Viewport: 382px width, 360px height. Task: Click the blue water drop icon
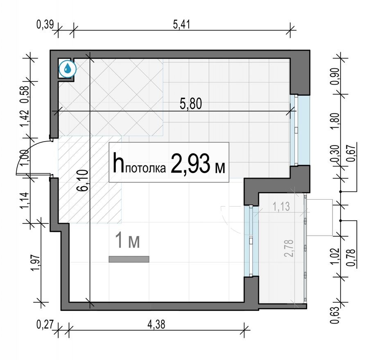click(x=68, y=69)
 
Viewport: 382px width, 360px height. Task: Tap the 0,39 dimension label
click(x=45, y=25)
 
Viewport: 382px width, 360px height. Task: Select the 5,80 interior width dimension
click(x=191, y=104)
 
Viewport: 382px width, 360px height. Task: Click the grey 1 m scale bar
click(x=129, y=259)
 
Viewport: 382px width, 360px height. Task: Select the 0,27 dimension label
click(x=45, y=325)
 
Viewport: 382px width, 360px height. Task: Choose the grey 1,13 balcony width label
click(x=282, y=207)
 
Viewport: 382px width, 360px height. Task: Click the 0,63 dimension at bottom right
click(x=335, y=315)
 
